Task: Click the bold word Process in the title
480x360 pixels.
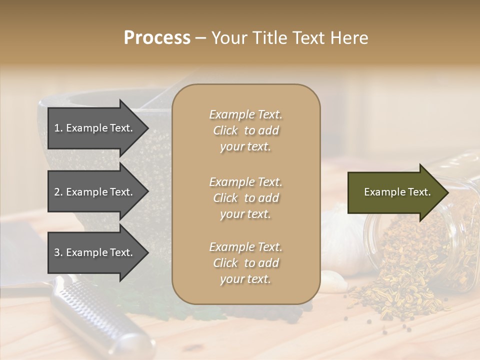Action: tap(157, 38)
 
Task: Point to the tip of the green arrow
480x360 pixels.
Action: tap(447, 192)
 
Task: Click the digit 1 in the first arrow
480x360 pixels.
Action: tap(56, 128)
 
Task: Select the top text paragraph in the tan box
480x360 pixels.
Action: tap(246, 130)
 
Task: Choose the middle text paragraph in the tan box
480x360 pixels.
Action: tap(246, 198)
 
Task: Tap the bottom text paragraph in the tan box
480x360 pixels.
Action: tap(246, 263)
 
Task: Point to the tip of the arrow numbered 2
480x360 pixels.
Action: tap(148, 192)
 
